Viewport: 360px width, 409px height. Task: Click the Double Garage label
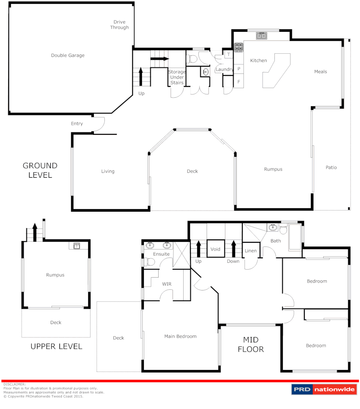(x=68, y=56)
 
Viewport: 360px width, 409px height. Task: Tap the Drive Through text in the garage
(x=119, y=25)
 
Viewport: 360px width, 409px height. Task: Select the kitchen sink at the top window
(x=261, y=36)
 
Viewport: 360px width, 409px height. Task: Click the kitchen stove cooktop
(x=238, y=47)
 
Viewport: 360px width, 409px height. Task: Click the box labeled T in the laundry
(x=228, y=55)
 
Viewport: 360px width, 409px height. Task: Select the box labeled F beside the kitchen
(x=238, y=81)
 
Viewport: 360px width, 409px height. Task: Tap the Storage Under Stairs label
(x=177, y=77)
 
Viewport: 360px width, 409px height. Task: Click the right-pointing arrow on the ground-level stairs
(x=160, y=59)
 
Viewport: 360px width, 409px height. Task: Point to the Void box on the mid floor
(x=215, y=249)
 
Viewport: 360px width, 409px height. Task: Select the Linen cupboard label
(x=251, y=251)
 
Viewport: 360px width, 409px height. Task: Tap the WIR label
(x=167, y=284)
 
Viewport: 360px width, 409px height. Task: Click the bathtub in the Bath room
(x=295, y=238)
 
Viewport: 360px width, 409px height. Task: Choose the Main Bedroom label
(x=180, y=336)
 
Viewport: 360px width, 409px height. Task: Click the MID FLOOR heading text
(x=251, y=344)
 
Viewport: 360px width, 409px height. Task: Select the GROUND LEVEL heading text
(x=40, y=170)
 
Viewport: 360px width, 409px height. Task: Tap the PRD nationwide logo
(x=324, y=389)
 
